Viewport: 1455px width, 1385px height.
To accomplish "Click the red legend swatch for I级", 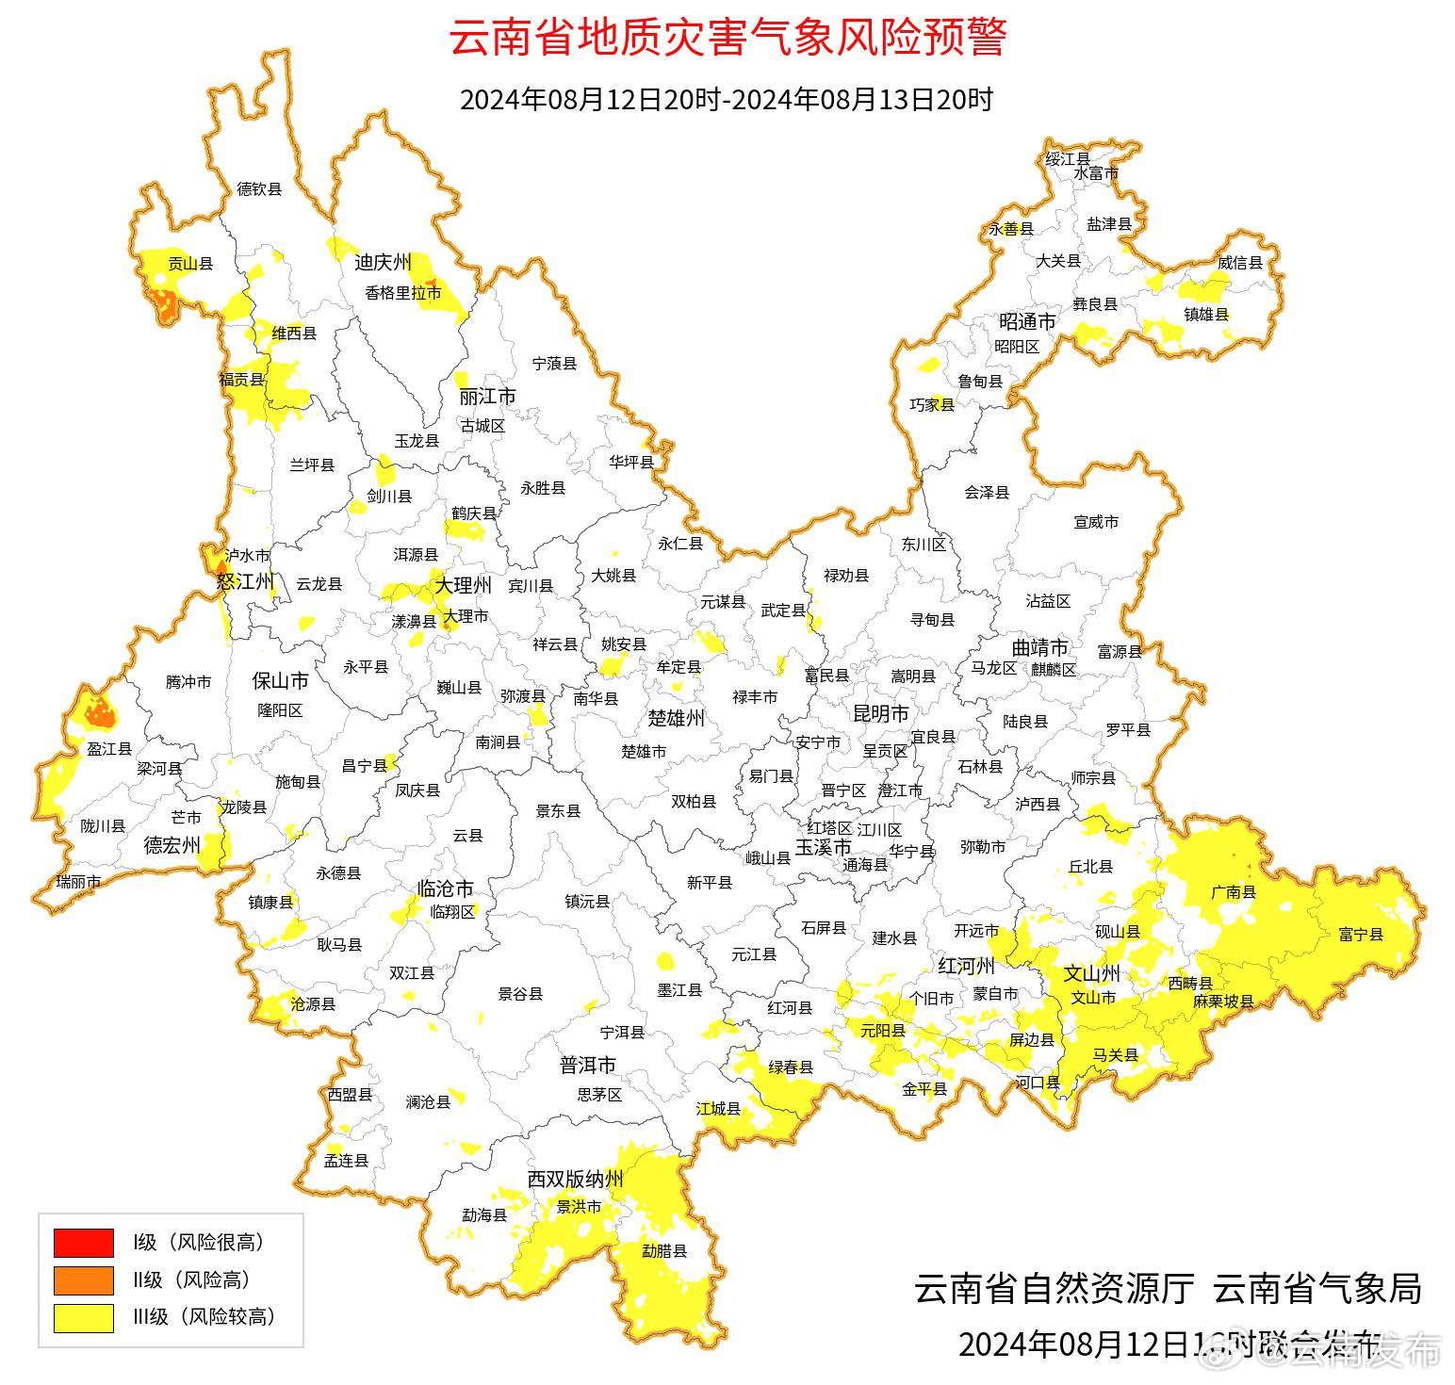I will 83,1243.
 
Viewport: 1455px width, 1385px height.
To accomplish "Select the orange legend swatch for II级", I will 83,1279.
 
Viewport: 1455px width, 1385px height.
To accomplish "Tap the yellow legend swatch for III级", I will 83,1317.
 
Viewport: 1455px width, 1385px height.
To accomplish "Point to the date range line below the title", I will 727,99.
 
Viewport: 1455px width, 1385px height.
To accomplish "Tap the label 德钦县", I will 259,189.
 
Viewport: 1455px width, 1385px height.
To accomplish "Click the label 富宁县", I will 1361,935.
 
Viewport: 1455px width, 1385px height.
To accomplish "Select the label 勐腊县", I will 664,1251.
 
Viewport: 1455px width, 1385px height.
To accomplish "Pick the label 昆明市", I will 880,713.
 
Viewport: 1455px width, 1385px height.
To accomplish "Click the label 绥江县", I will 1068,159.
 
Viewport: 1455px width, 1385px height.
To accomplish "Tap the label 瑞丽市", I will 78,882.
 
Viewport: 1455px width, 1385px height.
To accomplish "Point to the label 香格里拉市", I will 403,293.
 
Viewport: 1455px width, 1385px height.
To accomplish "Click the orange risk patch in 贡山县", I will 163,304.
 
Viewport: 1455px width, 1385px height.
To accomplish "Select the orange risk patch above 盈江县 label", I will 99,713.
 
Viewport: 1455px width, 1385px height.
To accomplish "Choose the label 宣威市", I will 1096,521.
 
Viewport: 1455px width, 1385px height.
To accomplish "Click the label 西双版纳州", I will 575,1179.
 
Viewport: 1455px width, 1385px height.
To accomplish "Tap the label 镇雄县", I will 1206,315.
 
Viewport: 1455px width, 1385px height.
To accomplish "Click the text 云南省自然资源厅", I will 1054,1288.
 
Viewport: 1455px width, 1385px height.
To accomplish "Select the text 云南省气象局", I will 1316,1288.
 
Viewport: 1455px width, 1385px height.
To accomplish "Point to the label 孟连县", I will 346,1161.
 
